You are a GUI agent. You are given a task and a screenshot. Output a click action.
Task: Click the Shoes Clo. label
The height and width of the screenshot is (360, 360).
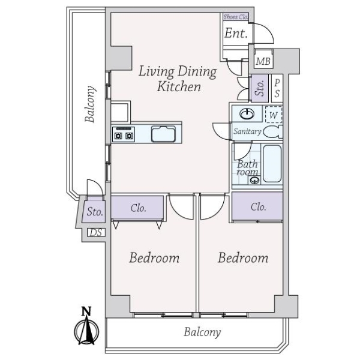[x=236, y=17]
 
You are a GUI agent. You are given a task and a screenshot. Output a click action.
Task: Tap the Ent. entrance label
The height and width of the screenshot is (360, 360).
[x=236, y=33]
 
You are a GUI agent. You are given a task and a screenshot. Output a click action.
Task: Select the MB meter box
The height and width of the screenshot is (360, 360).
[x=263, y=61]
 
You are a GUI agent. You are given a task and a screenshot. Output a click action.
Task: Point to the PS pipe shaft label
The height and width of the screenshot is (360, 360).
[x=277, y=88]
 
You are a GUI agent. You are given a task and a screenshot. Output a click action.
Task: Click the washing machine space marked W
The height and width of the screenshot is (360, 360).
[x=274, y=115]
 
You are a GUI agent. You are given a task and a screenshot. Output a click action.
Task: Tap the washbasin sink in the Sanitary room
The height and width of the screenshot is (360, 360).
[x=247, y=113]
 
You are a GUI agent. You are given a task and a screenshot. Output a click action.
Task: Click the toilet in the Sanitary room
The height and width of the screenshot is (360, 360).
[x=273, y=132]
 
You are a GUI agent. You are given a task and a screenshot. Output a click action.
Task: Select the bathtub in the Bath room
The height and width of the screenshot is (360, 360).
[x=272, y=163]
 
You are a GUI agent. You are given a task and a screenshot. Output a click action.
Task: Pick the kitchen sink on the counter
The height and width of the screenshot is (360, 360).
[x=163, y=134]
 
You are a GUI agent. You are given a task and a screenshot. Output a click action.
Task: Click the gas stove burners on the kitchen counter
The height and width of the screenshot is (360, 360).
[x=123, y=134]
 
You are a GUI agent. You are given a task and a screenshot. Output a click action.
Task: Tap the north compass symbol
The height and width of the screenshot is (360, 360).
[x=86, y=326]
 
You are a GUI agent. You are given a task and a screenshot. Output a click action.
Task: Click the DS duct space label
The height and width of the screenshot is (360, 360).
[x=96, y=233]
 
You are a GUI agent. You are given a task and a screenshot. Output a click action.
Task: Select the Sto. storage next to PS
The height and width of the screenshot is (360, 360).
[x=260, y=88]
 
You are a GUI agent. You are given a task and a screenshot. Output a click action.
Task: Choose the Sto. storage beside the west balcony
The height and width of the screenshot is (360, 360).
[x=94, y=211]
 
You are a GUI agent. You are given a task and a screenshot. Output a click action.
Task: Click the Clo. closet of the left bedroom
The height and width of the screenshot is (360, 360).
[x=137, y=208]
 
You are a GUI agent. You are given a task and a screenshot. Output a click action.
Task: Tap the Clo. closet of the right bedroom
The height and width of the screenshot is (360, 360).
[x=257, y=206]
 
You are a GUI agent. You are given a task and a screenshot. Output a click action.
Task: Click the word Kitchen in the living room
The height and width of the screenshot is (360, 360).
[x=179, y=86]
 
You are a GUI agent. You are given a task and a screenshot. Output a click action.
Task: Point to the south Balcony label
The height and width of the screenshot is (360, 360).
[x=202, y=332]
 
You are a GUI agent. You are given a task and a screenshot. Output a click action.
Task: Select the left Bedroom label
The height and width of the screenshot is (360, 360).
[x=154, y=258]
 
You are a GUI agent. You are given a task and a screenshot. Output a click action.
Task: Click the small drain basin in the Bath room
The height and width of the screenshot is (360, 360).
[x=254, y=180]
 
